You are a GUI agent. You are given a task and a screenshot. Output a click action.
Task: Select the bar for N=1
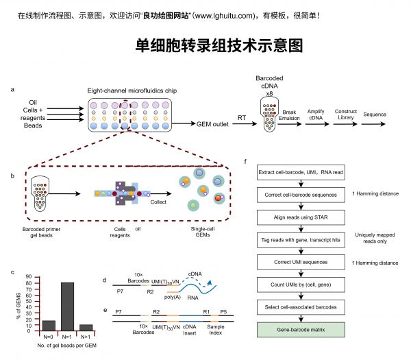67,307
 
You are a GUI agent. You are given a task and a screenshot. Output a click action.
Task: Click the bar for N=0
49,326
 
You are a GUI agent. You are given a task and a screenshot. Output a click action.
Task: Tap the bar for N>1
86,328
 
